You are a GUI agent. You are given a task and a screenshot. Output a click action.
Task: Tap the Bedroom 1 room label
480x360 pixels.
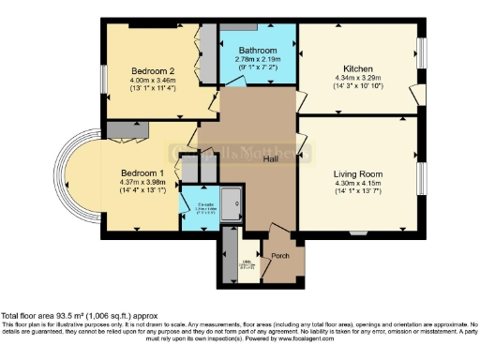[x=142, y=173]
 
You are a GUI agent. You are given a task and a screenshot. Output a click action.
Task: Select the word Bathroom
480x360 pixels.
[x=257, y=51]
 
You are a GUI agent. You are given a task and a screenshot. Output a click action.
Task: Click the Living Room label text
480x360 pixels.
[x=358, y=173]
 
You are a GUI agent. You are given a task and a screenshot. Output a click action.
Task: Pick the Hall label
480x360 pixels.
[x=270, y=159]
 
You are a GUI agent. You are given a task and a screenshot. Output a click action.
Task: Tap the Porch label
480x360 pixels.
[x=279, y=256]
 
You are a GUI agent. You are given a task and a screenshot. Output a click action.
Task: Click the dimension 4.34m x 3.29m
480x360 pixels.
[x=360, y=79]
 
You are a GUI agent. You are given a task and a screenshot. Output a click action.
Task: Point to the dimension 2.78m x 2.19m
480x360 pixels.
[x=257, y=59]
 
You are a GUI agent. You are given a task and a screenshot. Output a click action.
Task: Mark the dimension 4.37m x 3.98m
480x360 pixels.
[x=142, y=183]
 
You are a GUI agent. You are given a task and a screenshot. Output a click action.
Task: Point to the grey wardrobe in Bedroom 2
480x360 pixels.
[x=207, y=54]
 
